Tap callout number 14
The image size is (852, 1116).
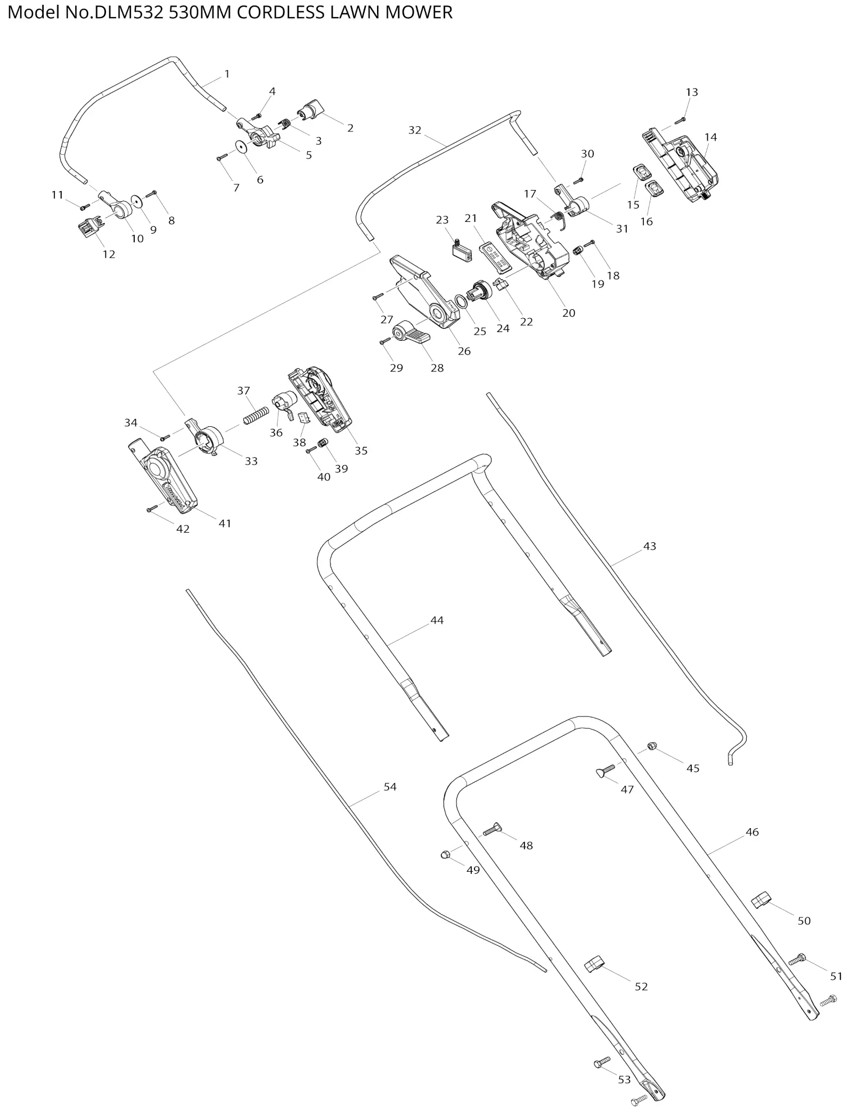tap(710, 137)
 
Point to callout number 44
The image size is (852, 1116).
tap(437, 620)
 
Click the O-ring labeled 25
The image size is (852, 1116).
tap(462, 301)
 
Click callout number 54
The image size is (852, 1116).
tap(390, 787)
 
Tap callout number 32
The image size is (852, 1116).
tap(414, 130)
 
